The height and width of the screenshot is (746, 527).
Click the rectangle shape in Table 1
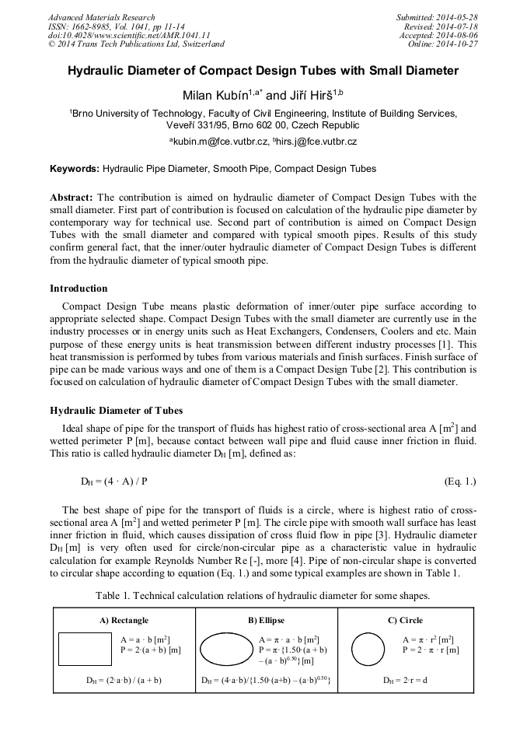pos(85,648)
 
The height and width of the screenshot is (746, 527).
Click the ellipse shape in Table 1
pos(227,648)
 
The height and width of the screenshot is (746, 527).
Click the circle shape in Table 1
pos(368,648)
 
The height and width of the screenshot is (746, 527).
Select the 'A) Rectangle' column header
pos(124,620)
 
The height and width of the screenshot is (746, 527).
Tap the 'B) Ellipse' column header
pos(266,620)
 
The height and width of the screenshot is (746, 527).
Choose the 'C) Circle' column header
pos(405,620)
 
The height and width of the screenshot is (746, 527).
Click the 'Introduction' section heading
pos(79,288)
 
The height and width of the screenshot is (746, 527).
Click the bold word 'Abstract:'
pos(72,198)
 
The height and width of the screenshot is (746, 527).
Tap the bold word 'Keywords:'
pos(75,168)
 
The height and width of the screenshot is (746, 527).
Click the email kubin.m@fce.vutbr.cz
pos(221,142)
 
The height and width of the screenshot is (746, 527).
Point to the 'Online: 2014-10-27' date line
pos(447,44)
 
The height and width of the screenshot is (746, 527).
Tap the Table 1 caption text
pos(263,595)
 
